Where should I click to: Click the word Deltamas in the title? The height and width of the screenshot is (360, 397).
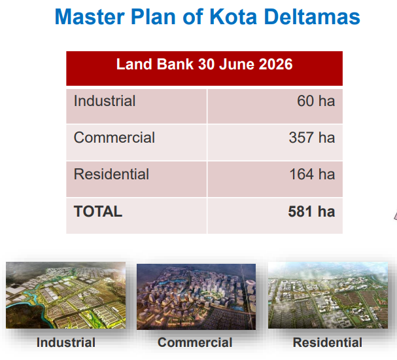[312, 17]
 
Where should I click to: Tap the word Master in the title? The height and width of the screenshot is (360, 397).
[90, 17]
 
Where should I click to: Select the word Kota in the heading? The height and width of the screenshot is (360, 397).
[233, 17]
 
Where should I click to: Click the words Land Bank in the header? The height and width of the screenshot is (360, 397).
[155, 64]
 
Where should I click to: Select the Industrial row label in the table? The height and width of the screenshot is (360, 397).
[105, 101]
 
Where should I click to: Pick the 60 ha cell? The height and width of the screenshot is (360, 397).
[316, 101]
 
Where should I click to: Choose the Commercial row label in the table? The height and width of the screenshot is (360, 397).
[114, 137]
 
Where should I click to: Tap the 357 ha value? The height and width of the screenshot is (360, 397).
[312, 137]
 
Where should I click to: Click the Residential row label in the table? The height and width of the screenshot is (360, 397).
[111, 174]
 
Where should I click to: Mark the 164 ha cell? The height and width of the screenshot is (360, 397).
[312, 174]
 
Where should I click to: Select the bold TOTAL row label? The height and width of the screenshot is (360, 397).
[98, 211]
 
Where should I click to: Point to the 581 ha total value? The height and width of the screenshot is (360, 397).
[311, 211]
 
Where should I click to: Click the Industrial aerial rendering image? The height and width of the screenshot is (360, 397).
[66, 295]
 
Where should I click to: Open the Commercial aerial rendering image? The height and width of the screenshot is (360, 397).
[196, 297]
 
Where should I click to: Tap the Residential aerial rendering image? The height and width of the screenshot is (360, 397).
[328, 295]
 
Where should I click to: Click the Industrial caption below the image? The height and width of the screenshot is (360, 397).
[66, 342]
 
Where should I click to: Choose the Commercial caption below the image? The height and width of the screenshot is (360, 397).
[195, 342]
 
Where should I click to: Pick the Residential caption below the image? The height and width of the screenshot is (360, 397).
[328, 342]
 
